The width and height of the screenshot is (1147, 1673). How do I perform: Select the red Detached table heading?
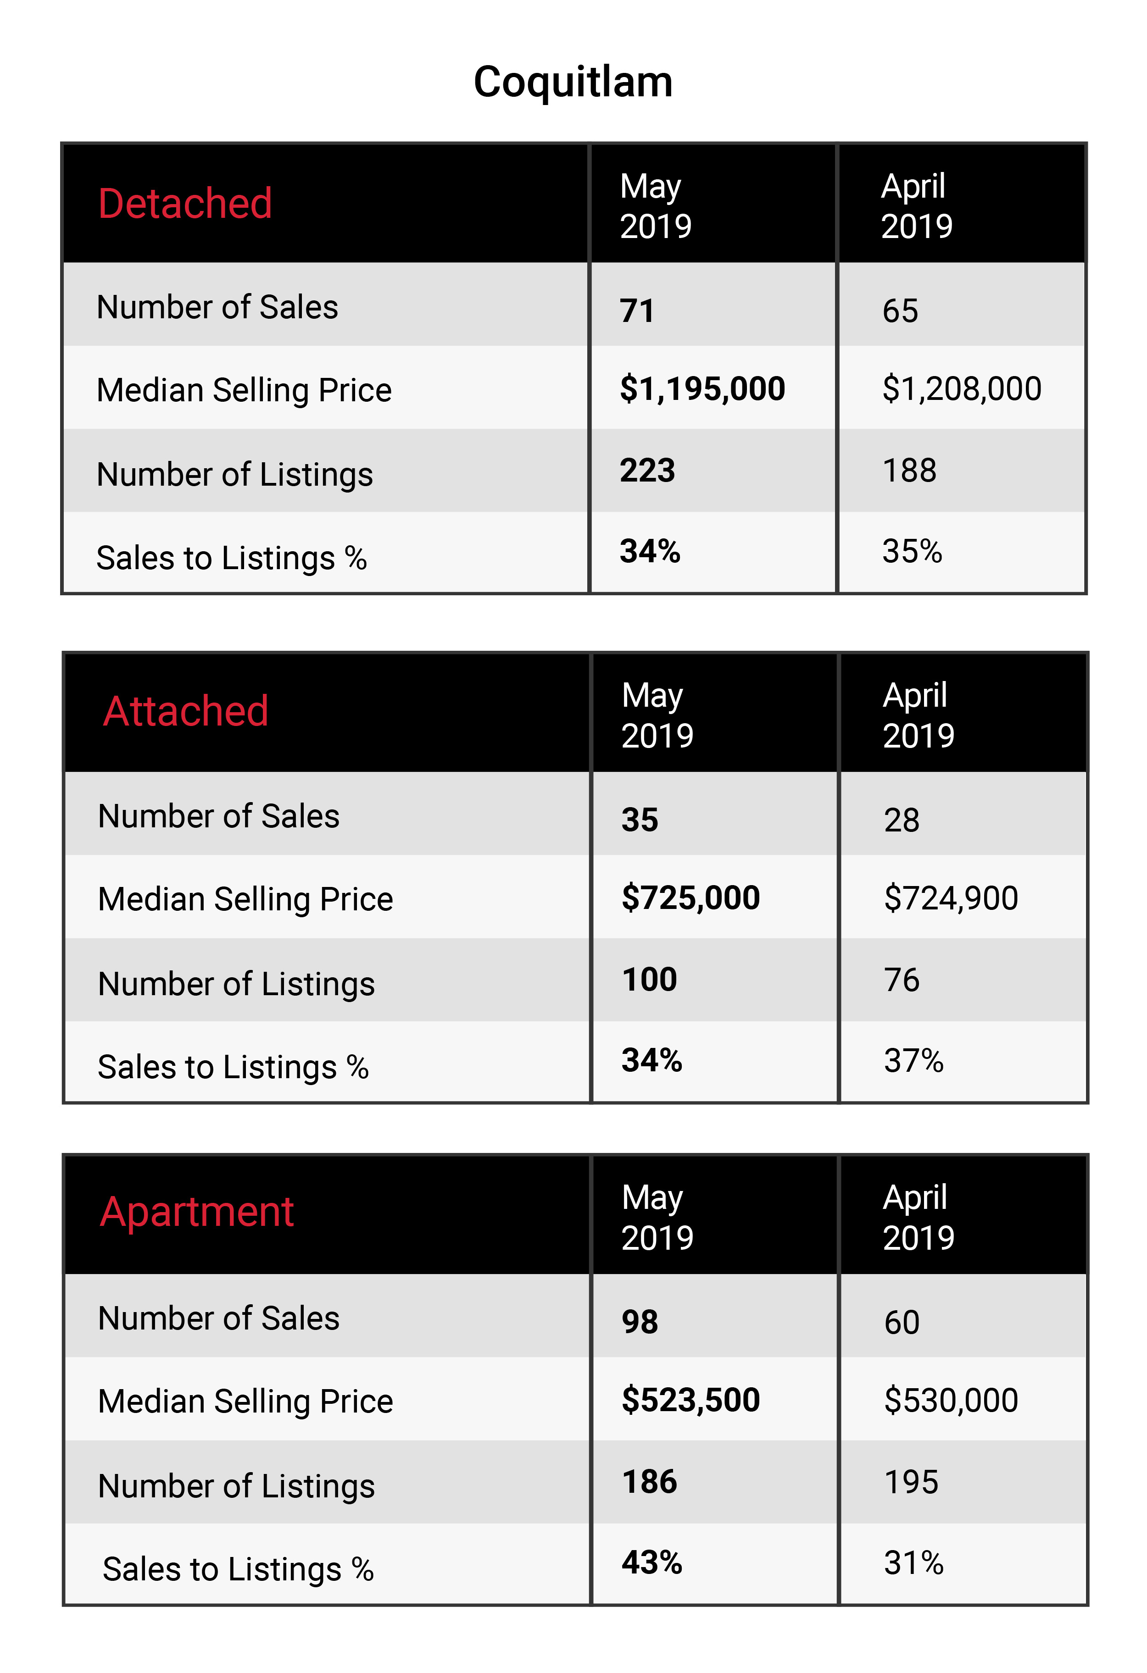point(185,203)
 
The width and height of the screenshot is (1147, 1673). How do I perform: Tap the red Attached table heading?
point(186,711)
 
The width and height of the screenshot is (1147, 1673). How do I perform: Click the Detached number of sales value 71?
point(637,311)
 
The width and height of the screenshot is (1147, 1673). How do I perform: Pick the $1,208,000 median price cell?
point(962,389)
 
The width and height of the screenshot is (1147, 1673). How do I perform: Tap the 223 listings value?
point(648,471)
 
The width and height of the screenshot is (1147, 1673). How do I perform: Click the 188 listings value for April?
point(909,471)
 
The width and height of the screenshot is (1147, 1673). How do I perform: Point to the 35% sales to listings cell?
point(912,551)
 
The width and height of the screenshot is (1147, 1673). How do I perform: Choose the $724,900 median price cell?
point(951,898)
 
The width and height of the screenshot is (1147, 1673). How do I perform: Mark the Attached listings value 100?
point(650,980)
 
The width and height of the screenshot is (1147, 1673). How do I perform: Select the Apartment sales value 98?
point(640,1323)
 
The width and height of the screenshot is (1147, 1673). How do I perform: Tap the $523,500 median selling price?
point(691,1400)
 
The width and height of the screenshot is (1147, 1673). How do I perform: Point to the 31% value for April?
point(914,1563)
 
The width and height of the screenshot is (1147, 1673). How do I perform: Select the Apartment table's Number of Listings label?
point(237,1486)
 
